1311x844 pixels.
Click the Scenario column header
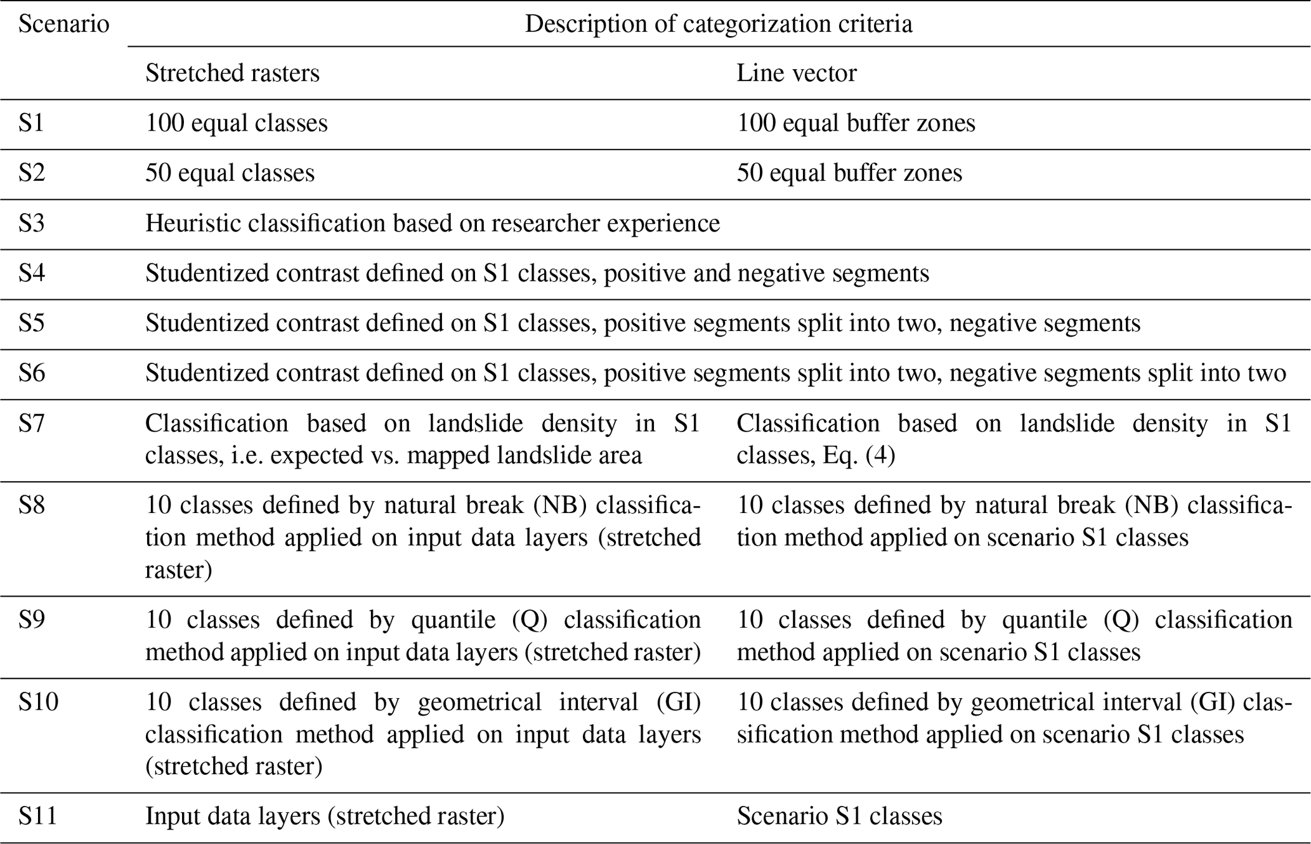pyautogui.click(x=63, y=24)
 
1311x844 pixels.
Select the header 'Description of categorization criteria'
pyautogui.click(x=718, y=24)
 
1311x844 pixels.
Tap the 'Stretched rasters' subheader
pyautogui.click(x=232, y=74)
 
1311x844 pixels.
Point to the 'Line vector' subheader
pyautogui.click(x=796, y=74)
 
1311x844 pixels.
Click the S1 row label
pyautogui.click(x=31, y=123)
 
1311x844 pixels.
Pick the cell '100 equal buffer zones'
pyautogui.click(x=856, y=123)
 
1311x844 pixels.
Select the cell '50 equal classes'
pyautogui.click(x=230, y=173)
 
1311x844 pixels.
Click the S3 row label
pyautogui.click(x=31, y=223)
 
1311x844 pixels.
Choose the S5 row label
pyautogui.click(x=31, y=323)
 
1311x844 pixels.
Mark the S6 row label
pyautogui.click(x=31, y=373)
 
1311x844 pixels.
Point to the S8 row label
pyautogui.click(x=31, y=505)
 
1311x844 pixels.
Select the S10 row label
pyautogui.click(x=38, y=702)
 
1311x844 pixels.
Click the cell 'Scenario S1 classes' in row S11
pyautogui.click(x=839, y=816)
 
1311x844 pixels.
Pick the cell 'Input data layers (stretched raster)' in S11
pyautogui.click(x=325, y=816)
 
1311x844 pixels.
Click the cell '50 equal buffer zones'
pyautogui.click(x=849, y=173)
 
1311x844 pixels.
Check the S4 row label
pyautogui.click(x=31, y=273)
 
